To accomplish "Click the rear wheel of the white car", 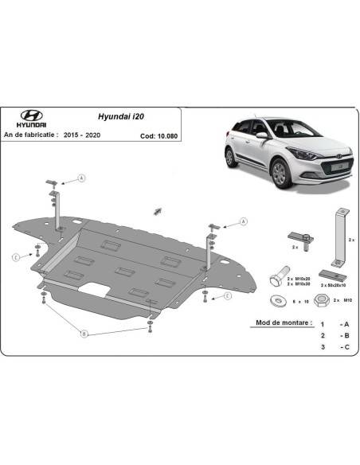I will click(x=231, y=157).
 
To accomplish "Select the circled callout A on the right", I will click(x=241, y=220).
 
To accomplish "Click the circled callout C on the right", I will click(x=227, y=297).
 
